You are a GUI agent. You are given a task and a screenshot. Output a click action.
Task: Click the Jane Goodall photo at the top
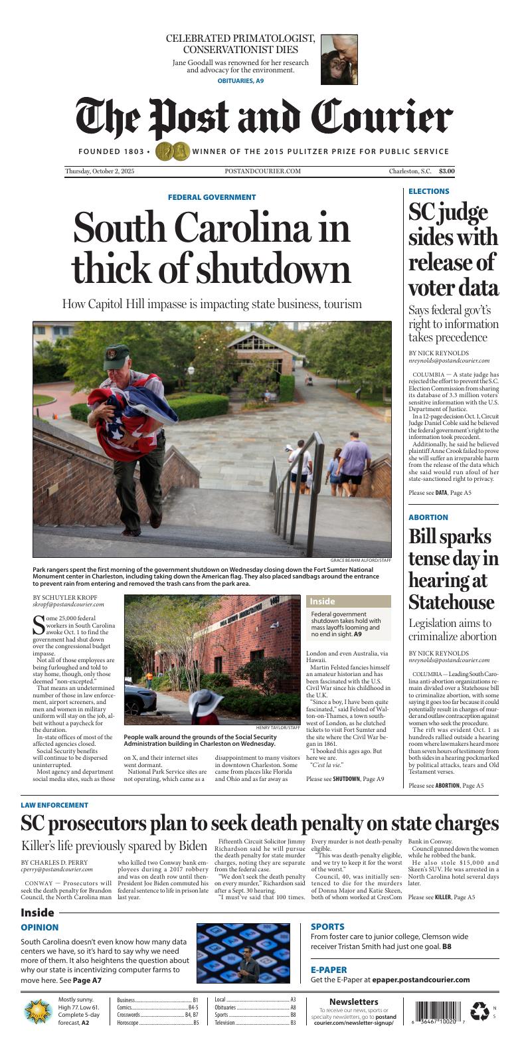coord(339,60)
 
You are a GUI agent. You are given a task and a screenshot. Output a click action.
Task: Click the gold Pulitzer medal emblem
coord(172,151)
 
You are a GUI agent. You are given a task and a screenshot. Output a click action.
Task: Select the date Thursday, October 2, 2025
coord(100,171)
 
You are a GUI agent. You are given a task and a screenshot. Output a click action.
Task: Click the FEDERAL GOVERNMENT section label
coord(211,197)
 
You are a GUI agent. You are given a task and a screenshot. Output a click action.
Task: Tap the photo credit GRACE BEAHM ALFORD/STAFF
coord(361,561)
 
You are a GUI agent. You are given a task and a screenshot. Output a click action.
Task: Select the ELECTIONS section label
coord(428,191)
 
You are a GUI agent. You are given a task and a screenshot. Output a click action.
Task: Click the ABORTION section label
coord(428,517)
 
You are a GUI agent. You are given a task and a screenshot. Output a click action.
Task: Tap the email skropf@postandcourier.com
coord(68,604)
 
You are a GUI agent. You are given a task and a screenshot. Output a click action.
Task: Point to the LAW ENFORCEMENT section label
coord(54,805)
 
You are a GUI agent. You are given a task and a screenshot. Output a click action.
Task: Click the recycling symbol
coord(479,1011)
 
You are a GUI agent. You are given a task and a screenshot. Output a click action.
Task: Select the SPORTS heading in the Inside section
coord(327,926)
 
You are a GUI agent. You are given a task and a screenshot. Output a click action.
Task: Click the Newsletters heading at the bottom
coord(353,1002)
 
